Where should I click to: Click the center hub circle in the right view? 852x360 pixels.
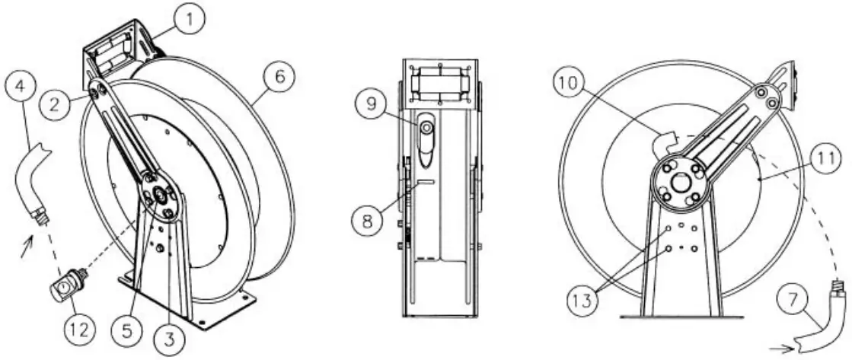678,183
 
